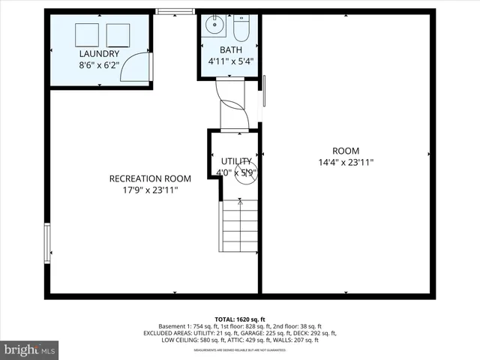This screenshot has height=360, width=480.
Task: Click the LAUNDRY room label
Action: (x=98, y=54)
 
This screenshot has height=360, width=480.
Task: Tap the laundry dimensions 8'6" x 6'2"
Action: (x=98, y=65)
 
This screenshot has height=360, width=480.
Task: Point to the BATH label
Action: (x=229, y=50)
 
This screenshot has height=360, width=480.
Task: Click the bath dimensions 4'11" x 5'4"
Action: (x=229, y=61)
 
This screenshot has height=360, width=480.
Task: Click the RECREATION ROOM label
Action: (x=150, y=178)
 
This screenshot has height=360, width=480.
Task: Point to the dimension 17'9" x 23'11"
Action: (x=150, y=190)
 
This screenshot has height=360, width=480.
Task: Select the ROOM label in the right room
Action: (x=346, y=150)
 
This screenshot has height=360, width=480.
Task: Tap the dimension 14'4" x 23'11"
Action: (x=346, y=162)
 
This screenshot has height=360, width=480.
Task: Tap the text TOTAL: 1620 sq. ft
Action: (x=240, y=318)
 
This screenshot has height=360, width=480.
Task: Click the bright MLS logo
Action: (x=29, y=349)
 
